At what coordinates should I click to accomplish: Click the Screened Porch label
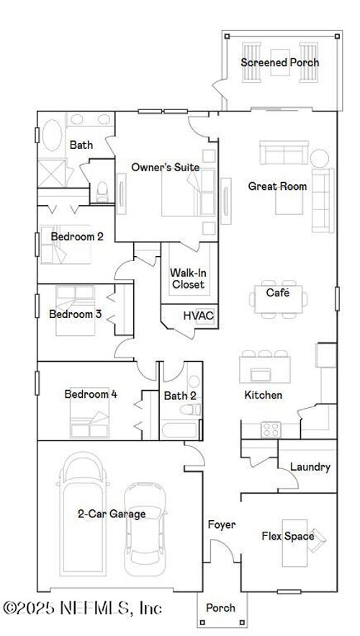279,63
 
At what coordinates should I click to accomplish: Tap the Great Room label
277,186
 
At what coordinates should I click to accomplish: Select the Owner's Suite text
165,168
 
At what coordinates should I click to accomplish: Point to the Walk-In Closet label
187,278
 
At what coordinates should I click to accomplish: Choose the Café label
277,293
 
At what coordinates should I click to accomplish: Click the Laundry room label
310,467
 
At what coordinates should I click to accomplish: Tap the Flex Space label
287,536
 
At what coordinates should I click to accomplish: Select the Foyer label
221,524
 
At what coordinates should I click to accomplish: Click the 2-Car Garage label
112,514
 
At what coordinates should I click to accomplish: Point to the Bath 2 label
177,395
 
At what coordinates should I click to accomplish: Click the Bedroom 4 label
90,394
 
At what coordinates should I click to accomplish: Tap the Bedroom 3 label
75,314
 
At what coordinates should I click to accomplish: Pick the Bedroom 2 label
76,236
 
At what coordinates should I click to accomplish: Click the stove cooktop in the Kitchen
271,430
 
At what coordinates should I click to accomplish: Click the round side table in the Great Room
320,158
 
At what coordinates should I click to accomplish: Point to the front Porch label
220,608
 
